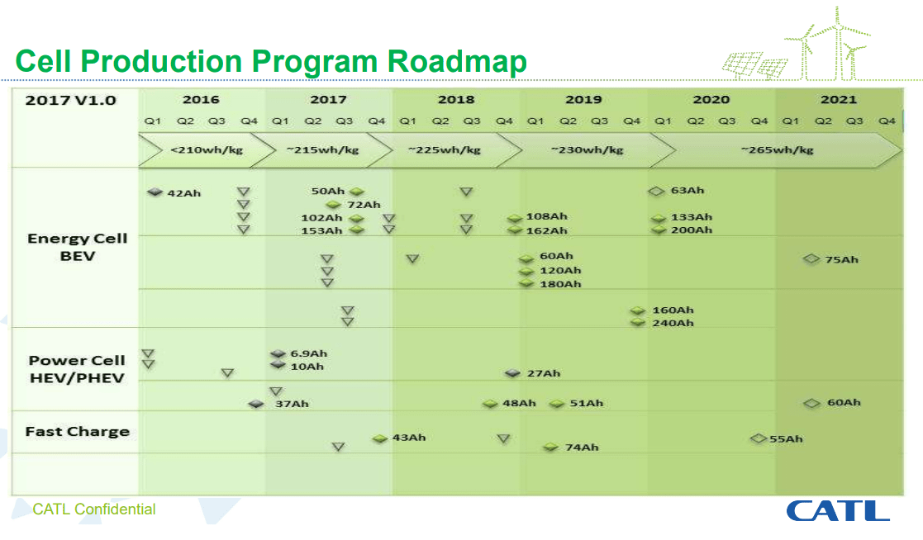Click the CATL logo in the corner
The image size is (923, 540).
[x=837, y=510]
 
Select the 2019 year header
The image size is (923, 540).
[x=583, y=100]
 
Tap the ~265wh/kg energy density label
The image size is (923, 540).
[x=777, y=149]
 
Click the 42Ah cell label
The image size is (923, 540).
[x=183, y=193]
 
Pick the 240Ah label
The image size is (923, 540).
[x=673, y=323]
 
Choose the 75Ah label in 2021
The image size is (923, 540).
[x=841, y=259]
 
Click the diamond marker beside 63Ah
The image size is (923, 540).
[x=656, y=191]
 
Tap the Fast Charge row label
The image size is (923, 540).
[x=77, y=431]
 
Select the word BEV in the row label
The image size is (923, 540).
[x=77, y=256]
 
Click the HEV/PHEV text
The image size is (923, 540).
[x=77, y=378]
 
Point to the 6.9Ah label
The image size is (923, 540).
[x=308, y=353]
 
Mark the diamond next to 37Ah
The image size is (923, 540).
[x=256, y=404]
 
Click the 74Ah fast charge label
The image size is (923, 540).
[x=582, y=447]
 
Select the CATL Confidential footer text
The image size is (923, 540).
[x=93, y=509]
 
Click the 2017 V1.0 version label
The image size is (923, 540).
[x=70, y=100]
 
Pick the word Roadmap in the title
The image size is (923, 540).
[x=457, y=62]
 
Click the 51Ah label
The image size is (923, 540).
[x=587, y=403]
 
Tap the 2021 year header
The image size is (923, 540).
[x=838, y=100]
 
